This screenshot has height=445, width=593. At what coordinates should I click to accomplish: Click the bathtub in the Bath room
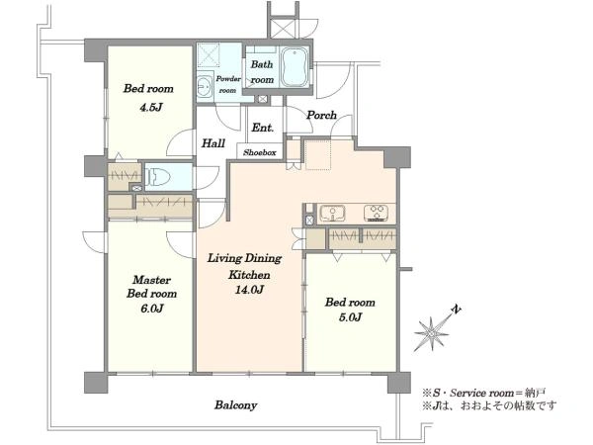click(295, 67)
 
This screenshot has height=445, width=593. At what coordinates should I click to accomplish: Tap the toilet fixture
click(158, 176)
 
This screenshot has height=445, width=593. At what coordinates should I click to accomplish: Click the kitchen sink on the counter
click(332, 214)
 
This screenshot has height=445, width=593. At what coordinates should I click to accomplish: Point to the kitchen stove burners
click(377, 213)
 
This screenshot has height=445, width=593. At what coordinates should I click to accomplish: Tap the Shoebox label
click(259, 152)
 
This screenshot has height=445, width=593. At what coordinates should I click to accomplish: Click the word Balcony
click(236, 405)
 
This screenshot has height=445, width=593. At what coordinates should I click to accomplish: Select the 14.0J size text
click(250, 290)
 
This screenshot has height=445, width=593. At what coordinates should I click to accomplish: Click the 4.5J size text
click(151, 108)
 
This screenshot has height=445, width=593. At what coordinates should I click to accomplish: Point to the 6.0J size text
click(151, 309)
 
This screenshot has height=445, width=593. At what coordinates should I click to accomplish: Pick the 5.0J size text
click(350, 317)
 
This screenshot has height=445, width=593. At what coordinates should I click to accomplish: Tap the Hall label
click(213, 143)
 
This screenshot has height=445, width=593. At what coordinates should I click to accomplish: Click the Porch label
click(321, 115)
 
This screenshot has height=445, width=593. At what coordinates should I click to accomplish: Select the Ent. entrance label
click(263, 128)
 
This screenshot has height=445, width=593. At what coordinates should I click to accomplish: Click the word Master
click(151, 280)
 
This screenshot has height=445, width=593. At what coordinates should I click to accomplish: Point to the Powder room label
click(228, 84)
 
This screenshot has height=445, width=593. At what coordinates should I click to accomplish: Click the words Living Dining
click(245, 258)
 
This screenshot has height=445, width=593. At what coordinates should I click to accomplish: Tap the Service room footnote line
click(484, 393)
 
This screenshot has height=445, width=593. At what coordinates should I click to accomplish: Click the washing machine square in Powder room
click(209, 55)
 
